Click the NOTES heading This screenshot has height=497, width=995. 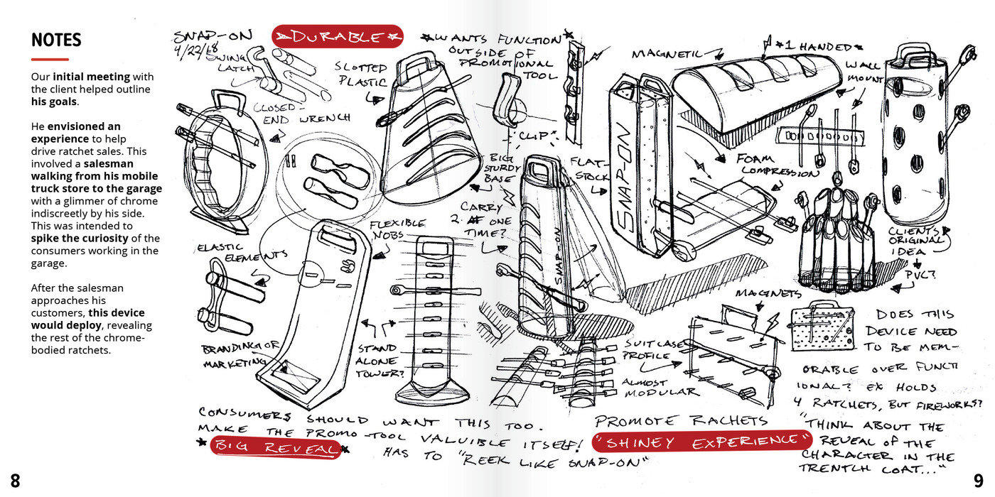click(x=56, y=40)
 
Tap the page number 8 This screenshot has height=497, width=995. click(x=15, y=481)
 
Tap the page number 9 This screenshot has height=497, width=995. click(x=979, y=481)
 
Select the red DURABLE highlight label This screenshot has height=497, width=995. click(x=338, y=36)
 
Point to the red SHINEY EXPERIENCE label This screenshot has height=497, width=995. click(x=696, y=442)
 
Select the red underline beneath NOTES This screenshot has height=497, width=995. click(x=50, y=59)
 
